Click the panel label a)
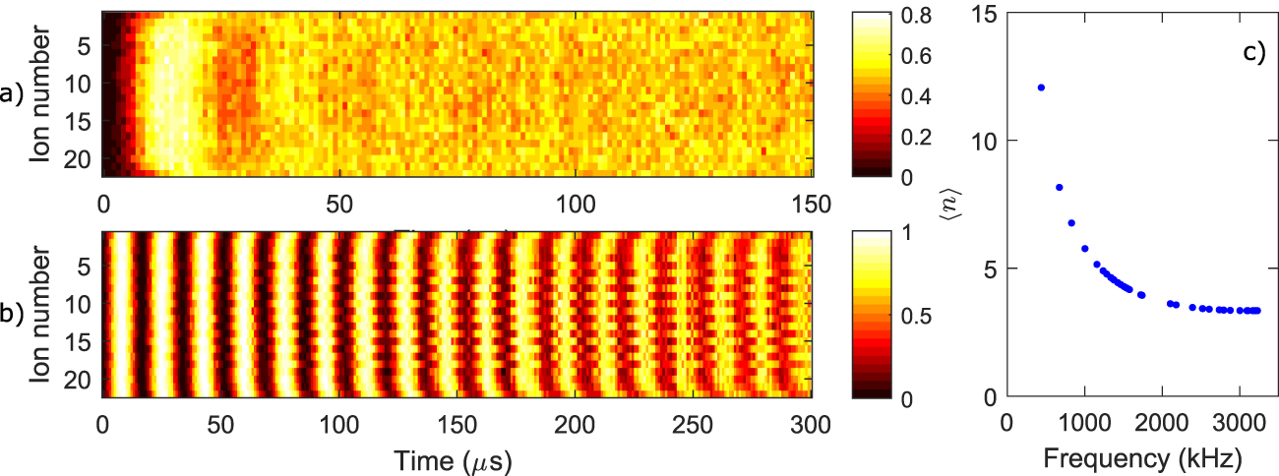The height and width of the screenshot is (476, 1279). (x=11, y=94)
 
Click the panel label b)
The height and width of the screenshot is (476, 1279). (x=11, y=316)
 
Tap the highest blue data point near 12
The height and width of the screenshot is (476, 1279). (x=1041, y=88)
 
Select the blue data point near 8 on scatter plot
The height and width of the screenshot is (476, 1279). (x=1059, y=187)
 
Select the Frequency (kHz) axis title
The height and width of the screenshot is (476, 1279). (x=1142, y=458)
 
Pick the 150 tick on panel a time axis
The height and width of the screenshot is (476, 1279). (x=813, y=203)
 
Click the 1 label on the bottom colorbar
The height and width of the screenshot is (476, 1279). (x=893, y=233)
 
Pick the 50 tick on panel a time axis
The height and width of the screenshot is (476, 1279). (x=339, y=203)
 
